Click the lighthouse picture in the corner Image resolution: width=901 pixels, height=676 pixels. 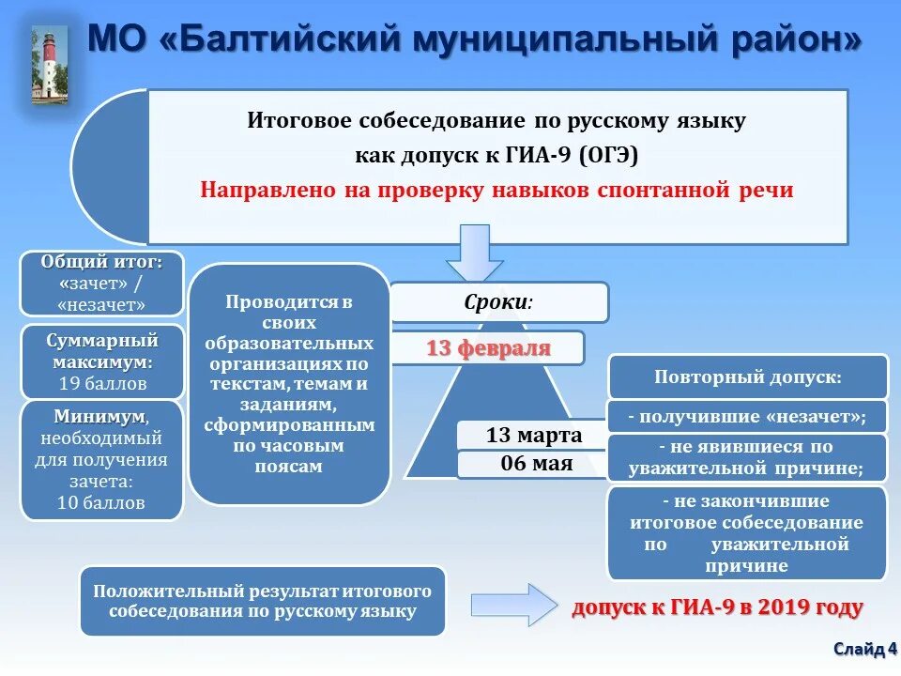(50, 64)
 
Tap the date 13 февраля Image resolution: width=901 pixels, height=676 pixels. (488, 348)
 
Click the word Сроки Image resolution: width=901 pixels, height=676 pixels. (498, 302)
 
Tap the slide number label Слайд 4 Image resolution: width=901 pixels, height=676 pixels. (864, 649)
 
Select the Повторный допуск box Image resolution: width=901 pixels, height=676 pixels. (747, 376)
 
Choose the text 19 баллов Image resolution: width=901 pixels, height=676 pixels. (102, 383)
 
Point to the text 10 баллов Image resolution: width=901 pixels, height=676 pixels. (102, 502)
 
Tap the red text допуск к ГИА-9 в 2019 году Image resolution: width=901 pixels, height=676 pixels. (717, 607)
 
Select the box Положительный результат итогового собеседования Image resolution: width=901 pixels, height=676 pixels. (262, 601)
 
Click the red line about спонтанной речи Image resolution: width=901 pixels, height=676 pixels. (496, 190)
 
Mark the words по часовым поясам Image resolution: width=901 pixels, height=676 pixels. (288, 457)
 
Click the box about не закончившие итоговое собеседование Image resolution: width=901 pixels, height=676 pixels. (747, 532)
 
